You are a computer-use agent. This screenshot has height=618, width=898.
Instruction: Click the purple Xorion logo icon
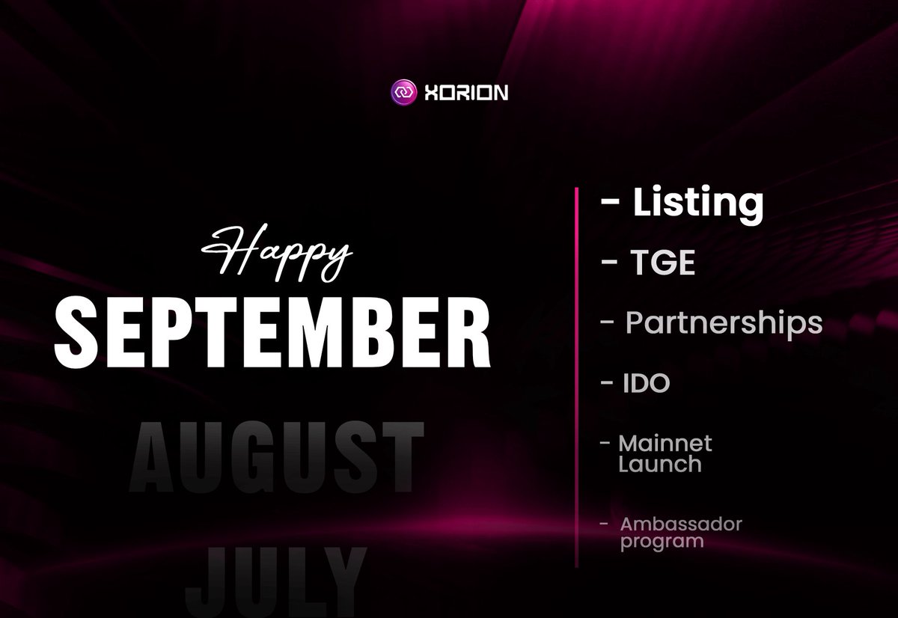click(x=402, y=93)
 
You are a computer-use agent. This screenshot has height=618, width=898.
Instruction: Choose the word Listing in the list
click(x=698, y=204)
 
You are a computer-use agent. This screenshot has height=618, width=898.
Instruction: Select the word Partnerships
click(x=724, y=323)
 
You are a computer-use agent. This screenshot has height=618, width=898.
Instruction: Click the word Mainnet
click(x=665, y=443)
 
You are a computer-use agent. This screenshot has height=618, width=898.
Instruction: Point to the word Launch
click(x=659, y=463)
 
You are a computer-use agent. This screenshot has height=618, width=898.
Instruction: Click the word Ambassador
click(x=681, y=524)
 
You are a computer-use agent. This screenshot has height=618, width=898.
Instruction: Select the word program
click(x=662, y=540)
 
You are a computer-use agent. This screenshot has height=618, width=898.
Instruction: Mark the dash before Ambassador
click(x=604, y=524)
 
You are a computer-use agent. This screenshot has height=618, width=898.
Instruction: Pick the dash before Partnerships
click(x=608, y=323)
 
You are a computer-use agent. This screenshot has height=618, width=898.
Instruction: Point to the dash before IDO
click(x=607, y=383)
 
